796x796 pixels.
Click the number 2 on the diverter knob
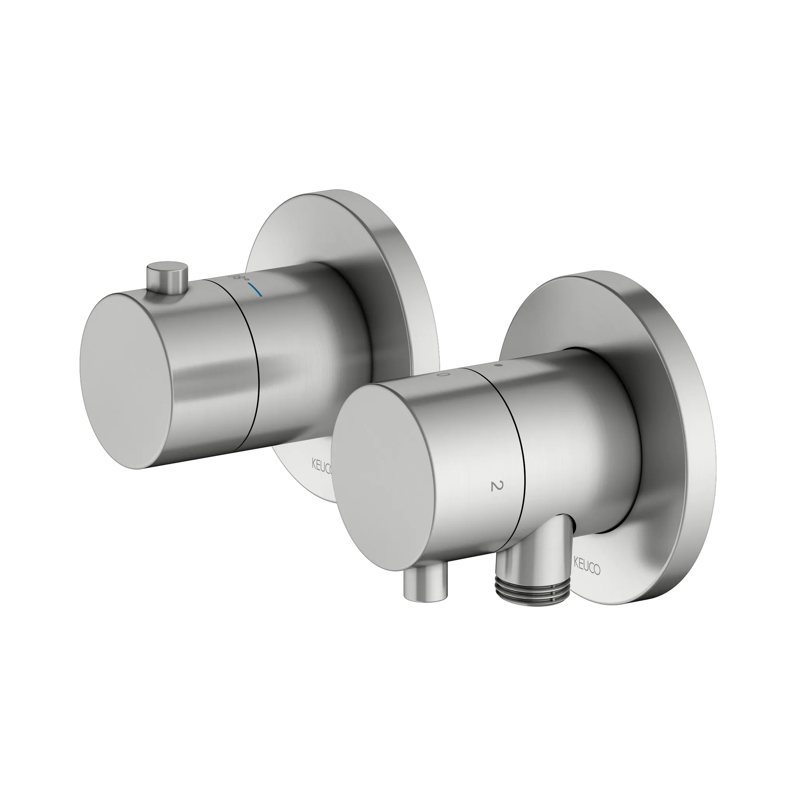(x=497, y=487)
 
